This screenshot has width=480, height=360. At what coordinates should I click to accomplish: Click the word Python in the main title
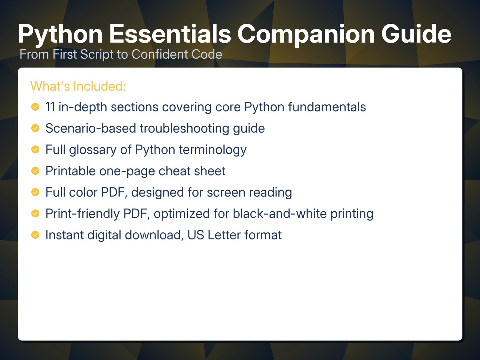click(60, 35)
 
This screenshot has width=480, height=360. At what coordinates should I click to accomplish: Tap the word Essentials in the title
click(170, 34)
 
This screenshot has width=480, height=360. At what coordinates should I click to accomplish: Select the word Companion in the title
click(306, 35)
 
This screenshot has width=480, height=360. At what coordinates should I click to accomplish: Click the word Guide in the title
click(416, 34)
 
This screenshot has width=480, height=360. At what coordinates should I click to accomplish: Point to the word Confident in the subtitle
click(159, 54)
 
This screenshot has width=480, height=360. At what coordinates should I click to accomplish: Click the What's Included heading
click(78, 86)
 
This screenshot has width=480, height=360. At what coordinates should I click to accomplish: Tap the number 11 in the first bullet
click(50, 107)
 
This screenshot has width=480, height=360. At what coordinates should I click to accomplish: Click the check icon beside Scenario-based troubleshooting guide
click(35, 128)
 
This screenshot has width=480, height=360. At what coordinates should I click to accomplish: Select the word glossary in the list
click(93, 150)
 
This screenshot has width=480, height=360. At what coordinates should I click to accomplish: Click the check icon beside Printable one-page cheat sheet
click(35, 171)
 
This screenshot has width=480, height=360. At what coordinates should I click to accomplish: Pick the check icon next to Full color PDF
click(35, 192)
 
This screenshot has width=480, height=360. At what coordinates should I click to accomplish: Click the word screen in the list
click(226, 193)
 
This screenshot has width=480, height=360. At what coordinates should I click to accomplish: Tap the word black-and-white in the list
click(280, 213)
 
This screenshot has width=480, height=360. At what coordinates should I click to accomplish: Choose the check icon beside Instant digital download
click(35, 235)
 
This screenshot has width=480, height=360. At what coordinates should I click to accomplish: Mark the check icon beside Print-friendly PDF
click(35, 213)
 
